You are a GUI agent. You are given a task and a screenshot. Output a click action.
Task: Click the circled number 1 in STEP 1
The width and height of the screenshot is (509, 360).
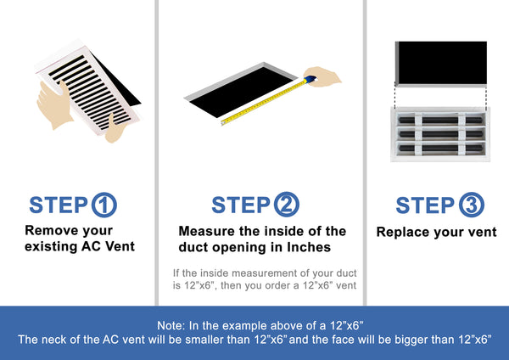[x=103, y=205]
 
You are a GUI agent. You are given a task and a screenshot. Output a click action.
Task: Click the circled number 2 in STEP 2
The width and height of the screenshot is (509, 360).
[x=286, y=205]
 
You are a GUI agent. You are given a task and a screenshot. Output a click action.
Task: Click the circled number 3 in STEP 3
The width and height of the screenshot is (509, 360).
[x=470, y=205]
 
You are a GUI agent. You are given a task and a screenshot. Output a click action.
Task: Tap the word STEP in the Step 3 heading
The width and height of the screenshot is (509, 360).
[x=425, y=205]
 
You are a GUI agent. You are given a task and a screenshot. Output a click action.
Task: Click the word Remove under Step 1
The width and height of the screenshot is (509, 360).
[x=48, y=230]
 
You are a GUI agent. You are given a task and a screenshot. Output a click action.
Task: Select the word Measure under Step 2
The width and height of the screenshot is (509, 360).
[x=207, y=231]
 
